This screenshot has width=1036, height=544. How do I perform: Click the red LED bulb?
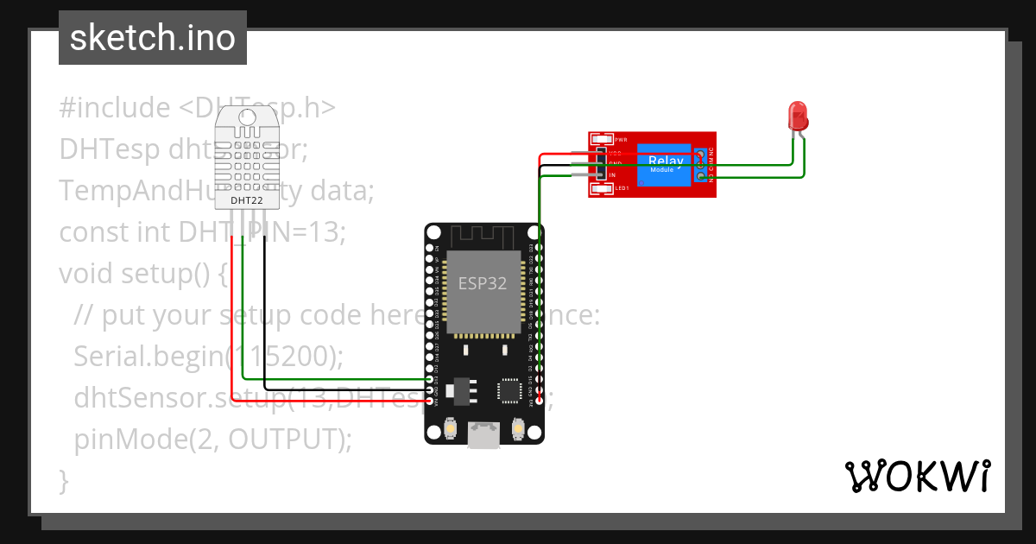click(x=798, y=115)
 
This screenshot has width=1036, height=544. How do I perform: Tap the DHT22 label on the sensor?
click(x=246, y=201)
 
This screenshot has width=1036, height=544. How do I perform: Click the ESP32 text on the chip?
click(x=483, y=283)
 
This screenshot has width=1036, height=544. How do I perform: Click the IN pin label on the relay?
click(x=612, y=175)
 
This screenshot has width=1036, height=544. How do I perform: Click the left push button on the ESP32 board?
click(x=450, y=428)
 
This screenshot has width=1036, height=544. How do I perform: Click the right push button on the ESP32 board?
click(x=518, y=428)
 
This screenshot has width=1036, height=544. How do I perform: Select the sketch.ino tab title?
click(x=153, y=38)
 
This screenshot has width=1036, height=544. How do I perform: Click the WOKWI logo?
click(x=917, y=476)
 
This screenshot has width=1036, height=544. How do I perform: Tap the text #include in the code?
click(x=115, y=108)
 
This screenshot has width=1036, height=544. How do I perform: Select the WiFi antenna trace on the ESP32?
click(x=483, y=236)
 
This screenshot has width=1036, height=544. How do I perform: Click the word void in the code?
click(x=86, y=274)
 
